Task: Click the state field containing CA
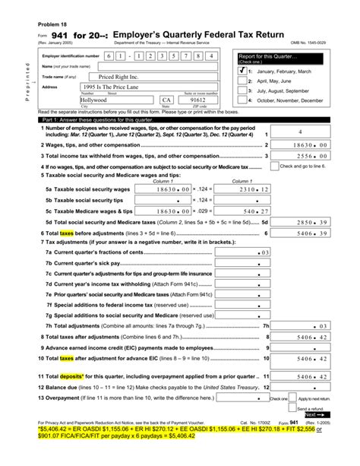tap(166, 100)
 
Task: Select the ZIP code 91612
tap(198, 100)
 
